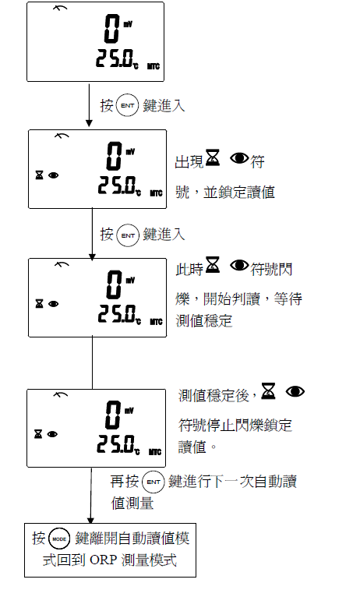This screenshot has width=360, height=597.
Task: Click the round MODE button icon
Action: [59, 539]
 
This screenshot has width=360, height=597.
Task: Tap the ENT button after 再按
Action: [154, 482]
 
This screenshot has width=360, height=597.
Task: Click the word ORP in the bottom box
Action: [103, 560]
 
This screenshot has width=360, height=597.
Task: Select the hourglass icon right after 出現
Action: [213, 158]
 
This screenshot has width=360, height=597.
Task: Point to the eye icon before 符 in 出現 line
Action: [240, 158]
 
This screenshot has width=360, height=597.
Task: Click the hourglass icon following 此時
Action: [213, 265]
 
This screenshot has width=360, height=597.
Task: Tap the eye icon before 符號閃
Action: [240, 265]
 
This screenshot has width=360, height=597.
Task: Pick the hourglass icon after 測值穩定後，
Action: [268, 391]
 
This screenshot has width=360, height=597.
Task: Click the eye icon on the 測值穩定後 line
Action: [295, 391]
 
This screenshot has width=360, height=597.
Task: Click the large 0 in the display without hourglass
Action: [112, 29]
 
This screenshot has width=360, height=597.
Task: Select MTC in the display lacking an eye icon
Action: [154, 66]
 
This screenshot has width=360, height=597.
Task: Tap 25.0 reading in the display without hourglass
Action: [114, 58]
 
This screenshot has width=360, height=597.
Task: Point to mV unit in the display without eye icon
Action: [128, 24]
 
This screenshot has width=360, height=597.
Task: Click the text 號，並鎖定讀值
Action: [225, 192]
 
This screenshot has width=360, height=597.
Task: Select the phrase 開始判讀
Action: [231, 298]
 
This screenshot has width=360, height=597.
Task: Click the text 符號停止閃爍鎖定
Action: [235, 426]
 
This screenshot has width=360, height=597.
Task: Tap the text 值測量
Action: [132, 503]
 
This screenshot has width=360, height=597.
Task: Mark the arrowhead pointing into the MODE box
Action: [90, 521]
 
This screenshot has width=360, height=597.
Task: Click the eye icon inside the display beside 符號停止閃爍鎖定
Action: [52, 434]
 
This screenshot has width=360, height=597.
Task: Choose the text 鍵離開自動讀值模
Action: [132, 539]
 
